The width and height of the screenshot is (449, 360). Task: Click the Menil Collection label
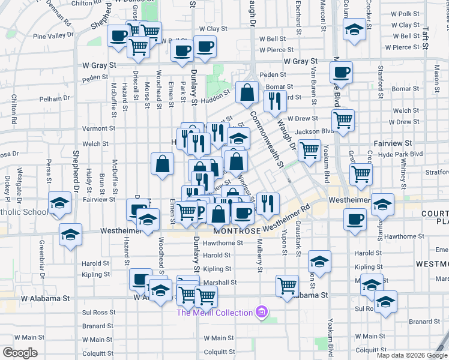(x=214, y=313)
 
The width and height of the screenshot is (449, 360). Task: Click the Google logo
(x=20, y=353)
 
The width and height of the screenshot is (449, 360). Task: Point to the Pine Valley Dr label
(x=53, y=36)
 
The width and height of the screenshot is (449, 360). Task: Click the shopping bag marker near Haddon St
(x=247, y=93)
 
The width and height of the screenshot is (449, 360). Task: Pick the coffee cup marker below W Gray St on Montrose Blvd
(x=342, y=73)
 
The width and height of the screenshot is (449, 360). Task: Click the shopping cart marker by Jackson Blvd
(x=343, y=120)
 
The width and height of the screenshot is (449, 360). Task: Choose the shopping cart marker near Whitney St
(x=361, y=175)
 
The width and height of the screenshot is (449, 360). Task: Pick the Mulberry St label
(x=259, y=257)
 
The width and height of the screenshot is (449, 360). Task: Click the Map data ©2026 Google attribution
(x=412, y=355)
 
